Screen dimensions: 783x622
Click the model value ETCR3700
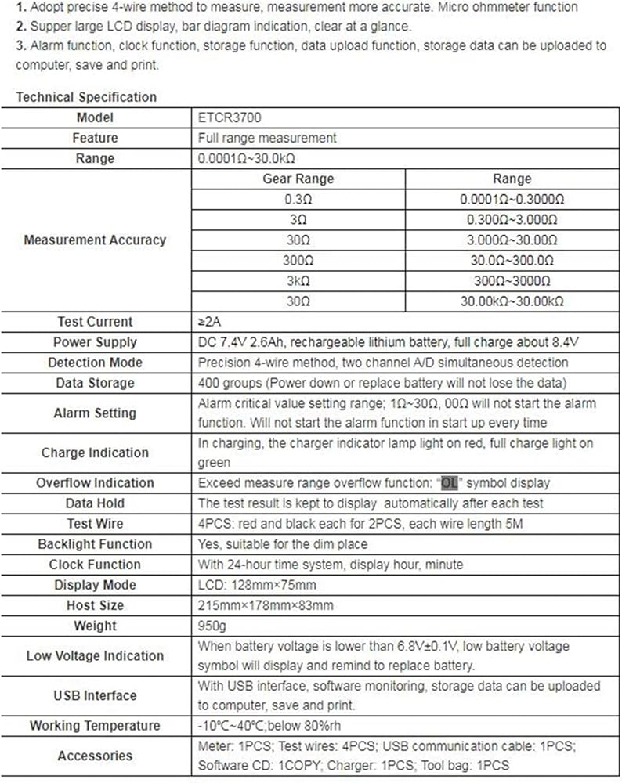pos(230,117)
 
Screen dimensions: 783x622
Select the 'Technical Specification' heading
pos(86,97)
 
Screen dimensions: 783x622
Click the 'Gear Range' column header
pos(298,179)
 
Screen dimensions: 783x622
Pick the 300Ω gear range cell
pos(298,260)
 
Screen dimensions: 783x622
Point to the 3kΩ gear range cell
pos(298,280)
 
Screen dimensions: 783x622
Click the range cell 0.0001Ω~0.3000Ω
pos(512,199)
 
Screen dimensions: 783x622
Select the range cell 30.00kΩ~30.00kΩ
pos(512,301)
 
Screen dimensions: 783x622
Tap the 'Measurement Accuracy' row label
pos(95,240)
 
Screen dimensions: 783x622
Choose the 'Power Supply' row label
pos(95,342)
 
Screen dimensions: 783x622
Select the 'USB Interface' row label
pos(95,695)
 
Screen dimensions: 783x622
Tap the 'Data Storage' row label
pos(95,383)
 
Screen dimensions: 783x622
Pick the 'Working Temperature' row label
pos(95,726)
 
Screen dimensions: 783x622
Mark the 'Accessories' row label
pos(95,756)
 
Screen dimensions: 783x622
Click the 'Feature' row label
pos(95,138)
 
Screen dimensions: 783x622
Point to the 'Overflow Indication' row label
pos(95,482)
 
